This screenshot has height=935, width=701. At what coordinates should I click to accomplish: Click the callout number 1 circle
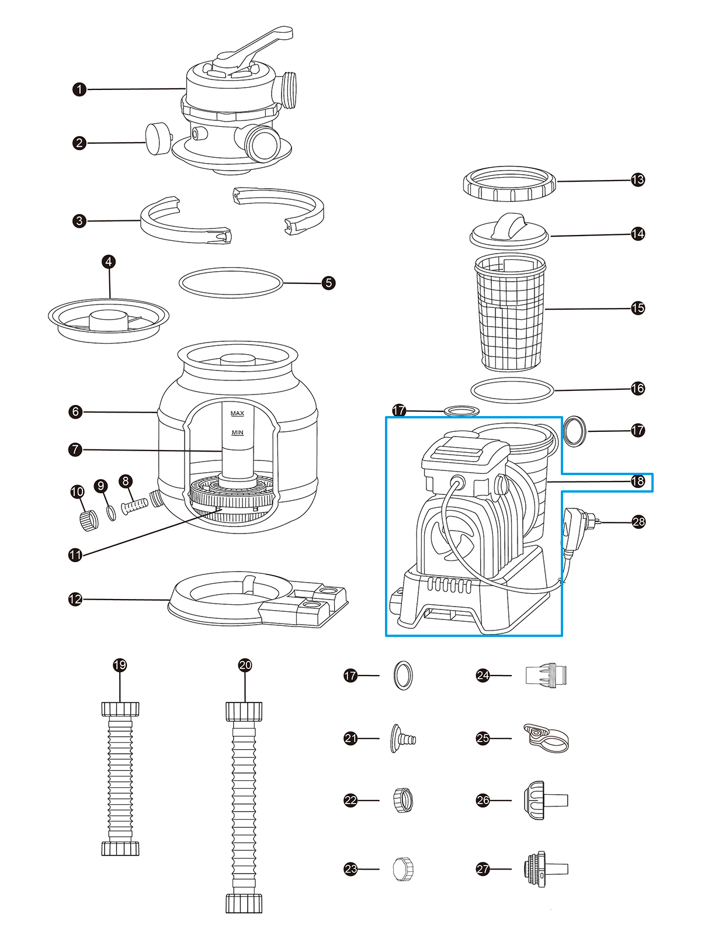tap(79, 89)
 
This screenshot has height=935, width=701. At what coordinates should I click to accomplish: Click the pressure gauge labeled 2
tap(157, 138)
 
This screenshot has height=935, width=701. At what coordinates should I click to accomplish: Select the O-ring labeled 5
tap(231, 283)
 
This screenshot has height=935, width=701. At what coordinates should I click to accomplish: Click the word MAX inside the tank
tap(237, 414)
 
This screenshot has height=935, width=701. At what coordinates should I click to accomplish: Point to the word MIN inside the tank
tap(237, 433)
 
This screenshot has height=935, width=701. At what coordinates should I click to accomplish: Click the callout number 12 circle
tap(75, 599)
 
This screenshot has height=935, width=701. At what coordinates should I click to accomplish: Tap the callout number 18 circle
tap(638, 482)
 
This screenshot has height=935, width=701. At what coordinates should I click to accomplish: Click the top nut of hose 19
tap(120, 709)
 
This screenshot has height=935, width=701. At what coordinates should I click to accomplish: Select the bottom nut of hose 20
tap(244, 903)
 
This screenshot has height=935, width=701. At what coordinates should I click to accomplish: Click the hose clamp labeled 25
tap(546, 738)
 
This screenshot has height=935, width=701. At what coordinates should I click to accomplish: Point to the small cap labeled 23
tap(403, 869)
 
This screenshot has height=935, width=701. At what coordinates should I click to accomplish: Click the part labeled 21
tap(402, 739)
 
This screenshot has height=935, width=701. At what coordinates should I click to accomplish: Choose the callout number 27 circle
tap(483, 869)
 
